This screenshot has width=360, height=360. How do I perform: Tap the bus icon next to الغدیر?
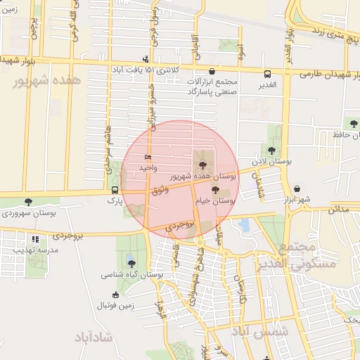pyautogui.click(x=268, y=74)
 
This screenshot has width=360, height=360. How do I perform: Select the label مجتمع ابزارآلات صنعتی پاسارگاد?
pyautogui.click(x=213, y=86)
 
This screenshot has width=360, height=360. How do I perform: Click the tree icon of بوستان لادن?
pyautogui.click(x=272, y=150)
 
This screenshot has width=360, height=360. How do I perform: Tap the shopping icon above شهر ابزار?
pyautogui.click(x=299, y=188)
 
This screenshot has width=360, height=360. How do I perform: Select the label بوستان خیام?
pyautogui.click(x=217, y=200)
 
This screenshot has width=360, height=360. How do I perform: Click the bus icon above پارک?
pyautogui.click(x=115, y=190)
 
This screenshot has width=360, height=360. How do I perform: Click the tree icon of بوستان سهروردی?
pyautogui.click(x=28, y=202)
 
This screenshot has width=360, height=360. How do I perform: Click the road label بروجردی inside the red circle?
pyautogui.click(x=179, y=226)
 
